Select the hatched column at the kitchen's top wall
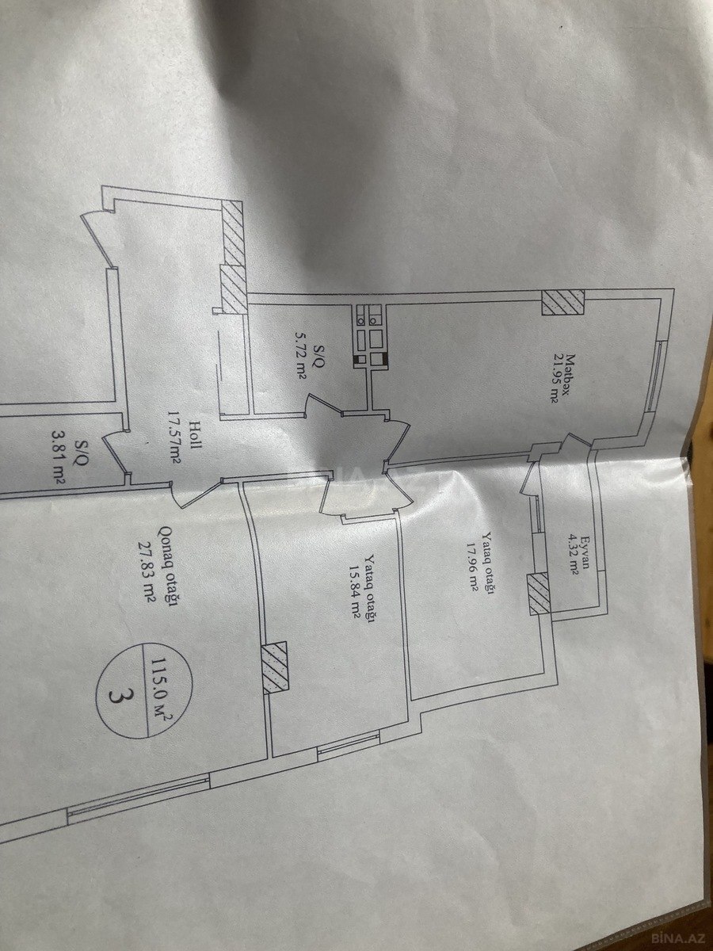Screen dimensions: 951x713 point(562,301)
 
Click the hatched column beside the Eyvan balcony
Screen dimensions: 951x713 point(539,594)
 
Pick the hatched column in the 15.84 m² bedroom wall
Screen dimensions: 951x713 point(276,667)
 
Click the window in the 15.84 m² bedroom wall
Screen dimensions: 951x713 point(349,744)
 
